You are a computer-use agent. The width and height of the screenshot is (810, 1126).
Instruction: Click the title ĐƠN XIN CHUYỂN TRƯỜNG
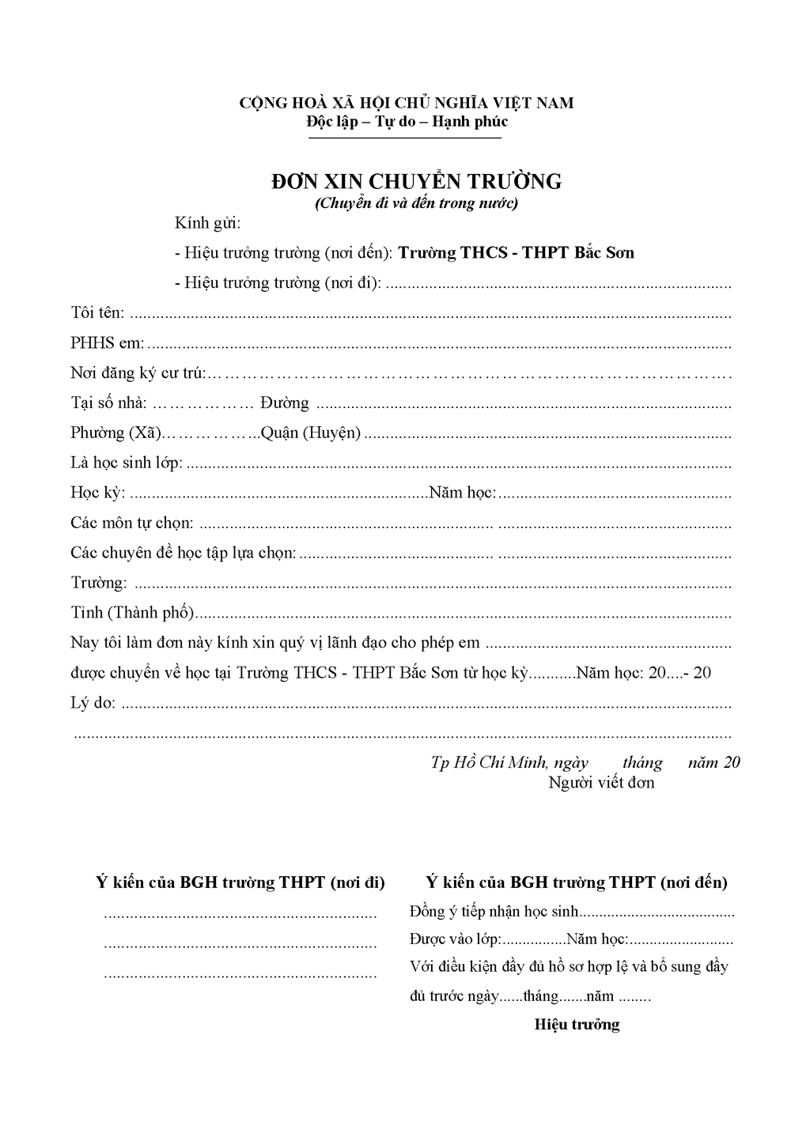[x=416, y=182]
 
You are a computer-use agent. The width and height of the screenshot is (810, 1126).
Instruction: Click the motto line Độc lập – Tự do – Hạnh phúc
[x=407, y=122]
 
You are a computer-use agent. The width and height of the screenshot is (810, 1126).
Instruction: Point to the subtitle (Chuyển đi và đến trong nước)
[x=416, y=203]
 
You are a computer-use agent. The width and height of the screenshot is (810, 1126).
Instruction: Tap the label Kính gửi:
[x=207, y=224]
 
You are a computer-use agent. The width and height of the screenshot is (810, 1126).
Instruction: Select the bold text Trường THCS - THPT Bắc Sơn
[x=516, y=253]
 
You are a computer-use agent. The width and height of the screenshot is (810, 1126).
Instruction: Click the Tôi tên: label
[x=97, y=313]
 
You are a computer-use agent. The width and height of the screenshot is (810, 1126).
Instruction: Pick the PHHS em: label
[x=107, y=343]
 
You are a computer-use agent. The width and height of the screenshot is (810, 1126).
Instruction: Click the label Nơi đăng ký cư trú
[x=137, y=373]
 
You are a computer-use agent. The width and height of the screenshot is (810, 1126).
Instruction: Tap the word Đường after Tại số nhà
[x=284, y=403]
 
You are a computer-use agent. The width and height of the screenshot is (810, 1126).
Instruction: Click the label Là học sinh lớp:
[x=127, y=463]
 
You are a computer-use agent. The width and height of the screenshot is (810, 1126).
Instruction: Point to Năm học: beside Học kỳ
[x=462, y=493]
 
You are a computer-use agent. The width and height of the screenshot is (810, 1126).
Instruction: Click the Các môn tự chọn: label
[x=131, y=523]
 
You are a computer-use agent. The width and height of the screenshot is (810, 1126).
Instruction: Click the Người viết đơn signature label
[x=601, y=784]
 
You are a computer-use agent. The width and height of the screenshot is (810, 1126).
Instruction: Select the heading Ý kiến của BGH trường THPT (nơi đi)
[x=240, y=882]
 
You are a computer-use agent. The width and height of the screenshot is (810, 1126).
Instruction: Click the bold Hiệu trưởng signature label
[x=577, y=1026]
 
